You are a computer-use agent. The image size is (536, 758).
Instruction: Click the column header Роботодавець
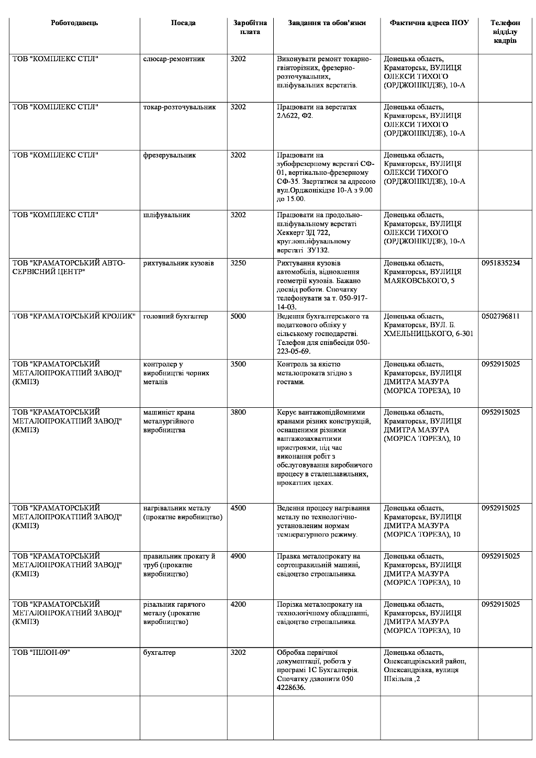click(x=74, y=23)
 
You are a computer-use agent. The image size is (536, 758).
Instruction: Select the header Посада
click(x=183, y=23)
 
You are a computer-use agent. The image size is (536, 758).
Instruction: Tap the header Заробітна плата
click(x=250, y=27)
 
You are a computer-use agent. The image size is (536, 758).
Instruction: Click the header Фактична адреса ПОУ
click(x=429, y=23)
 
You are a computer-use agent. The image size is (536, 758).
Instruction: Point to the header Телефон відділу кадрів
click(x=505, y=31)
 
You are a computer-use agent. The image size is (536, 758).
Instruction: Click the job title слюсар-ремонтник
click(x=174, y=59)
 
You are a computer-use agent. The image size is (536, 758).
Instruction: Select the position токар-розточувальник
click(x=179, y=107)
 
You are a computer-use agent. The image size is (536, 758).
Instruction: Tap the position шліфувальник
click(x=166, y=215)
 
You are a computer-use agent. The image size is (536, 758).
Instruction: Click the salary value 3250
click(x=238, y=263)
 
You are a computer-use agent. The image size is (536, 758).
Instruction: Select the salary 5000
click(x=238, y=316)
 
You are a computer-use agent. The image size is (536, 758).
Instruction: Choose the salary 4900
click(x=238, y=556)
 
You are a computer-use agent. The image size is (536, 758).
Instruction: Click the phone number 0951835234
click(x=500, y=263)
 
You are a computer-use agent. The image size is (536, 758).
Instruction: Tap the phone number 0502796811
click(x=500, y=316)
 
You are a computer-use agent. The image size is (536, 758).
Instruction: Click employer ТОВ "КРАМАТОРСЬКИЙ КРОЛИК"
click(x=74, y=316)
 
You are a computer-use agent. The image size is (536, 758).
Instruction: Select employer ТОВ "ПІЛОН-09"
click(x=41, y=653)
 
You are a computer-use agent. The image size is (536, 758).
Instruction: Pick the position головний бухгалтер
click(x=175, y=316)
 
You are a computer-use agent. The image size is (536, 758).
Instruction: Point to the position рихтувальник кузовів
click(x=178, y=263)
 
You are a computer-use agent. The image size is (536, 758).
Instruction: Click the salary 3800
click(x=238, y=413)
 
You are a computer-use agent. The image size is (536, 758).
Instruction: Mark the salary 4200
click(x=238, y=605)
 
